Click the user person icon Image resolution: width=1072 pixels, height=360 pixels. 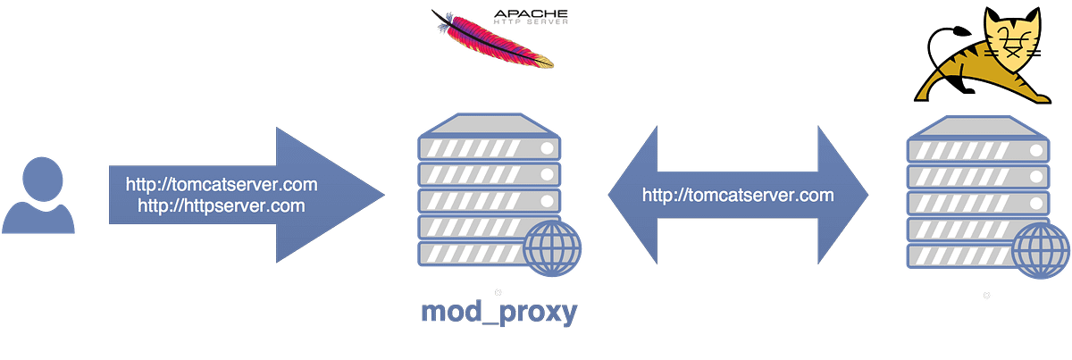pyautogui.click(x=38, y=195)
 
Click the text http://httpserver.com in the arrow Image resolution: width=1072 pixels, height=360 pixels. pyautogui.click(x=222, y=205)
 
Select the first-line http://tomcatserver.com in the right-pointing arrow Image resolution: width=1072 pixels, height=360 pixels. pyautogui.click(x=222, y=186)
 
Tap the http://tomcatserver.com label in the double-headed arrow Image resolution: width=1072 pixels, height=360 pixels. pyautogui.click(x=738, y=195)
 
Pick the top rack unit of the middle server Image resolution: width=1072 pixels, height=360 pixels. pyautogui.click(x=488, y=144)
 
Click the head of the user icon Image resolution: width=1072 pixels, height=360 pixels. pyautogui.click(x=38, y=173)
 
